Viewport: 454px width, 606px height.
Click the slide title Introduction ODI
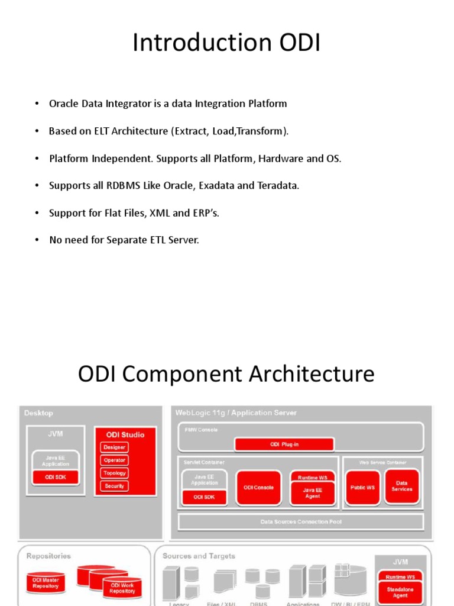coord(226,43)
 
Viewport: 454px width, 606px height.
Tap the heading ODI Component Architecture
coord(226,375)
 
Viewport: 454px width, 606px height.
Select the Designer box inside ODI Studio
coord(114,447)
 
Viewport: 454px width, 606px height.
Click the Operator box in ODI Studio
coord(114,460)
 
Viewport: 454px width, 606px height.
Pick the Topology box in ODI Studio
coord(114,473)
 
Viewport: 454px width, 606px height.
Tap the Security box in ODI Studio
coord(114,486)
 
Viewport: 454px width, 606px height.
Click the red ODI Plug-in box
coord(284,444)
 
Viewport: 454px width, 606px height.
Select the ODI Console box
coord(259,488)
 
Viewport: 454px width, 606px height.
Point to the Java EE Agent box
coord(312,493)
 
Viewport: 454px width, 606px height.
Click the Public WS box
coord(362,488)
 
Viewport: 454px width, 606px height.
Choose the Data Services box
coord(401,486)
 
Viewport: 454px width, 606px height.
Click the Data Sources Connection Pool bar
coord(301,522)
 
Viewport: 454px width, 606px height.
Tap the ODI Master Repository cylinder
coord(46,584)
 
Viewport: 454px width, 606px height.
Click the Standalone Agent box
coord(400,592)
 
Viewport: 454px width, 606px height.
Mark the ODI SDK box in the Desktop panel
coord(55,477)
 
